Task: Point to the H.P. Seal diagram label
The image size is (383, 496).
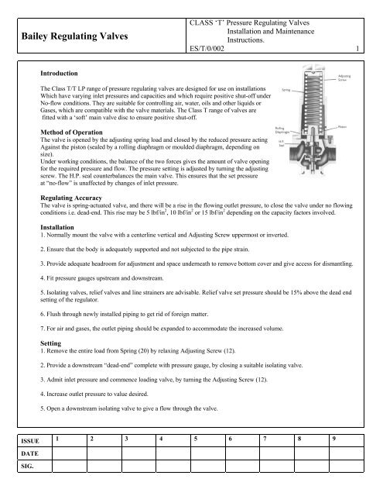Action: (281, 145)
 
